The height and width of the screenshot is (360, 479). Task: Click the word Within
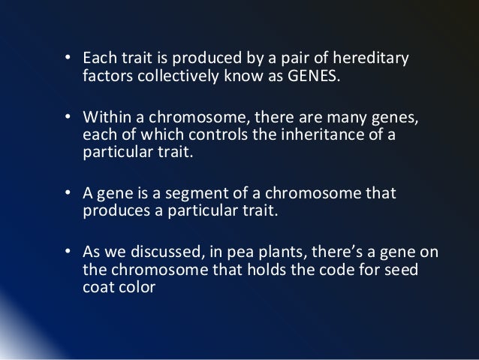[x=104, y=119]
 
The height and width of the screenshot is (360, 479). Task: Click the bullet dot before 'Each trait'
[x=68, y=59]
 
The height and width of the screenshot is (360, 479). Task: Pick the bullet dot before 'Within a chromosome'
[x=68, y=119]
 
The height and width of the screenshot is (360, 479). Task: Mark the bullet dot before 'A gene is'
[x=68, y=194]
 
